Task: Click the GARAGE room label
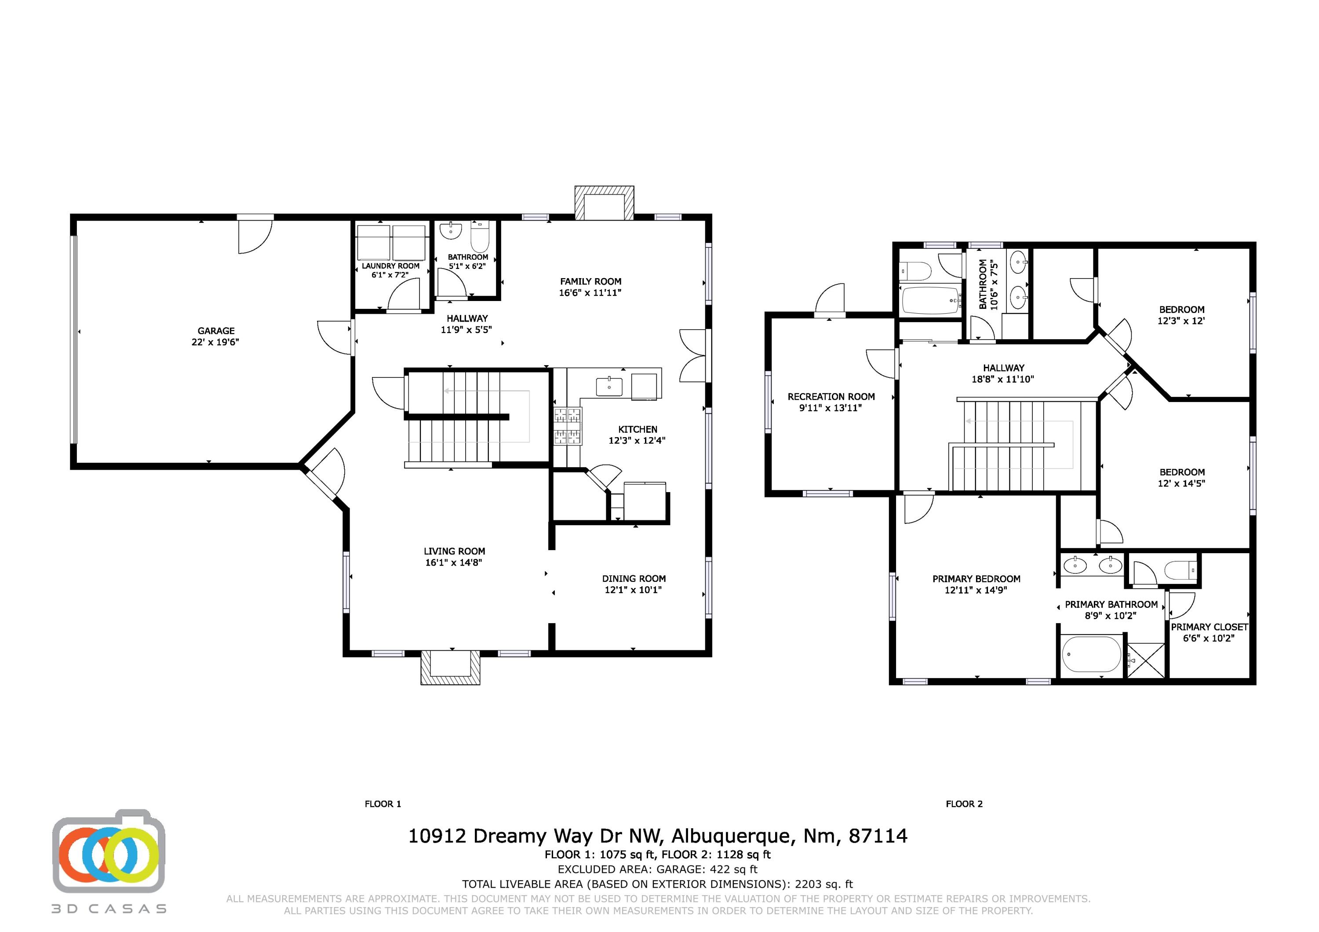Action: (x=216, y=331)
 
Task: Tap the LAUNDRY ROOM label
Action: (x=391, y=266)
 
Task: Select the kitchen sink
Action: (x=609, y=387)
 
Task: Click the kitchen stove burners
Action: (x=568, y=426)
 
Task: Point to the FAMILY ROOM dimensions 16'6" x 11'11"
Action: (x=590, y=293)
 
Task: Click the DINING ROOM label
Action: (x=634, y=579)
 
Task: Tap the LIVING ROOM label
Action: (x=455, y=551)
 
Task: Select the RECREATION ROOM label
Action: (x=831, y=397)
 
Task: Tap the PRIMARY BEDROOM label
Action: (x=976, y=579)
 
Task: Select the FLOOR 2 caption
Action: (x=965, y=804)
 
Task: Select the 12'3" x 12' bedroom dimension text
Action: (x=1181, y=321)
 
